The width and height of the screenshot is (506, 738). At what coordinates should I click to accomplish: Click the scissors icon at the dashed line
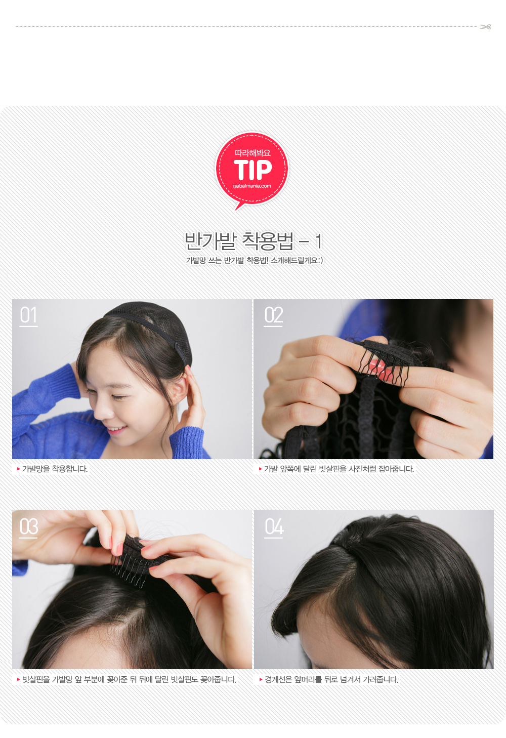point(486,27)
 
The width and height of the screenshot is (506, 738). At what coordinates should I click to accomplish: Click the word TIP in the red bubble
point(252,170)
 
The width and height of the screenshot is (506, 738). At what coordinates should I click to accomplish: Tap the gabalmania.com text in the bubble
point(252,186)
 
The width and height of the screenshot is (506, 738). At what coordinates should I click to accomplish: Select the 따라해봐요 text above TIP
point(252,153)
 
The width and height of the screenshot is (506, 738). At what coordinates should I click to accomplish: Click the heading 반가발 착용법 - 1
point(253,241)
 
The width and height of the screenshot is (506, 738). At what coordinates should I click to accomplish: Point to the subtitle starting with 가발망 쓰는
point(255,260)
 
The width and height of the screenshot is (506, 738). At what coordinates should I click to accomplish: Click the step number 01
point(28,315)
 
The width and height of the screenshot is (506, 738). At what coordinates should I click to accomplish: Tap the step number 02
point(273,315)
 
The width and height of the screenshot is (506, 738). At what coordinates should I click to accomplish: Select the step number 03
point(28,527)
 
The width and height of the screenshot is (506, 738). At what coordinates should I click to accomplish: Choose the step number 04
point(274,527)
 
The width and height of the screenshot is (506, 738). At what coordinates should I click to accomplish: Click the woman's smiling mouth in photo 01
point(116,429)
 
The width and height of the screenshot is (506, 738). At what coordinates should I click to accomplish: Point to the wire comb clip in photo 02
point(386,362)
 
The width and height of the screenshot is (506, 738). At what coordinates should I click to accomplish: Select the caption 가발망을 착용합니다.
point(55,469)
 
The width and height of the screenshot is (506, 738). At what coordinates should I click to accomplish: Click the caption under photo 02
point(339,469)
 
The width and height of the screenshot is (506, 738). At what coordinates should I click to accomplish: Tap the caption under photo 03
point(129,679)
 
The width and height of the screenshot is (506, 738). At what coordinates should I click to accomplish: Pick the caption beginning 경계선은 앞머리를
point(332,679)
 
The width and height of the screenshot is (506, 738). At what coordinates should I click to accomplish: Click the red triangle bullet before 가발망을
point(18,469)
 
